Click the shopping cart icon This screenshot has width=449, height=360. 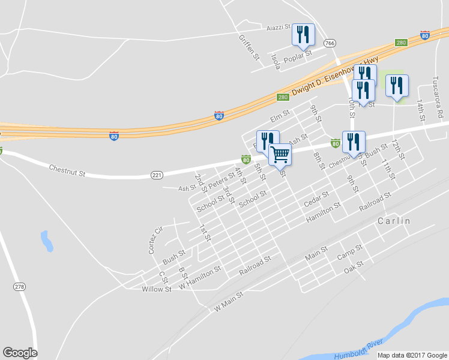point(280,154)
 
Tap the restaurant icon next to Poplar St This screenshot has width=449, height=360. point(303,35)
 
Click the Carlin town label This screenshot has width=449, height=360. point(394,221)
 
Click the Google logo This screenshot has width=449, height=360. point(20,353)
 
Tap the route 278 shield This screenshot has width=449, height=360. point(20,287)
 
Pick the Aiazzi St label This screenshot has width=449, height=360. point(279,28)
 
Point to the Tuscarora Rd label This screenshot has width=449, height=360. point(439,97)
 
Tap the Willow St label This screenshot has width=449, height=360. point(157,289)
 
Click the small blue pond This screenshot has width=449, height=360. point(46,241)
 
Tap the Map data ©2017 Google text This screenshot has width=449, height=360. point(412,355)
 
